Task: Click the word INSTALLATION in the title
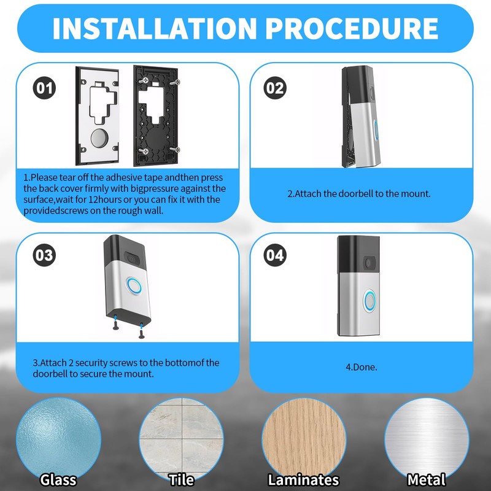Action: point(155,28)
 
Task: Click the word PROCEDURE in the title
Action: point(352,28)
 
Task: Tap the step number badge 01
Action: point(44,88)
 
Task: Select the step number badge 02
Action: point(275,88)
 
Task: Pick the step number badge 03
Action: point(44,255)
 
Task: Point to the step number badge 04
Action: point(275,255)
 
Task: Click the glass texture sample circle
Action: point(58,439)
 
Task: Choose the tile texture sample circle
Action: point(181,439)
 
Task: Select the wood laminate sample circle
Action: point(304,439)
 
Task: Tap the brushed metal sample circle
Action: point(427,439)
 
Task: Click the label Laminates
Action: point(303,480)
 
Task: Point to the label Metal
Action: point(427,480)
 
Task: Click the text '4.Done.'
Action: point(361,367)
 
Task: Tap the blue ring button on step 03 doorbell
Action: point(134,285)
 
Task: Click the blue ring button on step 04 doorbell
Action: point(369,301)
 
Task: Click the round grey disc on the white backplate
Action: point(99,138)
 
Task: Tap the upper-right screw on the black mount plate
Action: point(175,83)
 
